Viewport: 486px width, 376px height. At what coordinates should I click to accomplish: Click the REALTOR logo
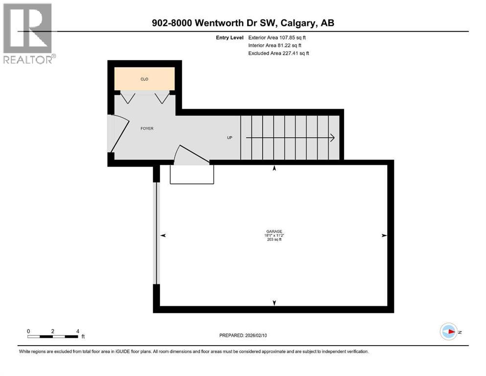pos(28,33)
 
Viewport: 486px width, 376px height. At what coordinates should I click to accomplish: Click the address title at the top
pos(243,23)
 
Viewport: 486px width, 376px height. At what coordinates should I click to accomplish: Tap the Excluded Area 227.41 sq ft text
pos(278,53)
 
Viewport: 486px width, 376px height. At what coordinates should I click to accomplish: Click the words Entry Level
pos(229,37)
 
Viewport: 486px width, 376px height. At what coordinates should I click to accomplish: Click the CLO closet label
pos(144,79)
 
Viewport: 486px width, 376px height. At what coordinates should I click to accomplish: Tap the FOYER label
pos(147,129)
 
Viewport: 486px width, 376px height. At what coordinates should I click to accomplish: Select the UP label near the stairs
pos(230,138)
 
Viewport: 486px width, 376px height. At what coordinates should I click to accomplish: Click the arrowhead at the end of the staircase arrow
pos(332,138)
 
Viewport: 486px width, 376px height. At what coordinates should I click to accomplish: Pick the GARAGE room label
pos(274,232)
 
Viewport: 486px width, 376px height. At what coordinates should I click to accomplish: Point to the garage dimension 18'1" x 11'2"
pos(274,235)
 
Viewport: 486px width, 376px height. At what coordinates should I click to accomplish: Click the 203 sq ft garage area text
pos(274,240)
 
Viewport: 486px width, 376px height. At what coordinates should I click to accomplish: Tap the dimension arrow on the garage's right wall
pos(384,235)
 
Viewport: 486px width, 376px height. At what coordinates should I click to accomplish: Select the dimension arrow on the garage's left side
pos(163,235)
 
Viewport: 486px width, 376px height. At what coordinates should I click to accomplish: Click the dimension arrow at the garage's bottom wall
pos(274,303)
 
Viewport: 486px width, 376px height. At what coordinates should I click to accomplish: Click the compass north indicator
pos(448,331)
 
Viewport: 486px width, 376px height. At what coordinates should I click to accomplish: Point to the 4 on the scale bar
pos(77,331)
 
